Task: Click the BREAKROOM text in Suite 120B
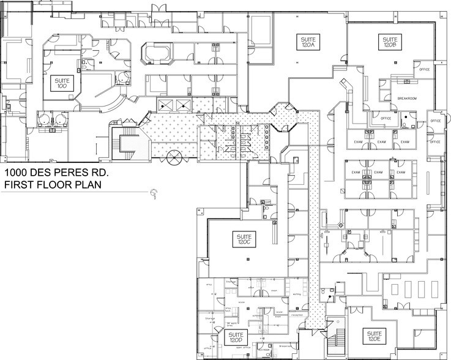[407, 98]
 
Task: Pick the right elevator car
[183, 105]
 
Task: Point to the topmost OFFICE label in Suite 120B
[424, 69]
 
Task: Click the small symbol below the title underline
[154, 194]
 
